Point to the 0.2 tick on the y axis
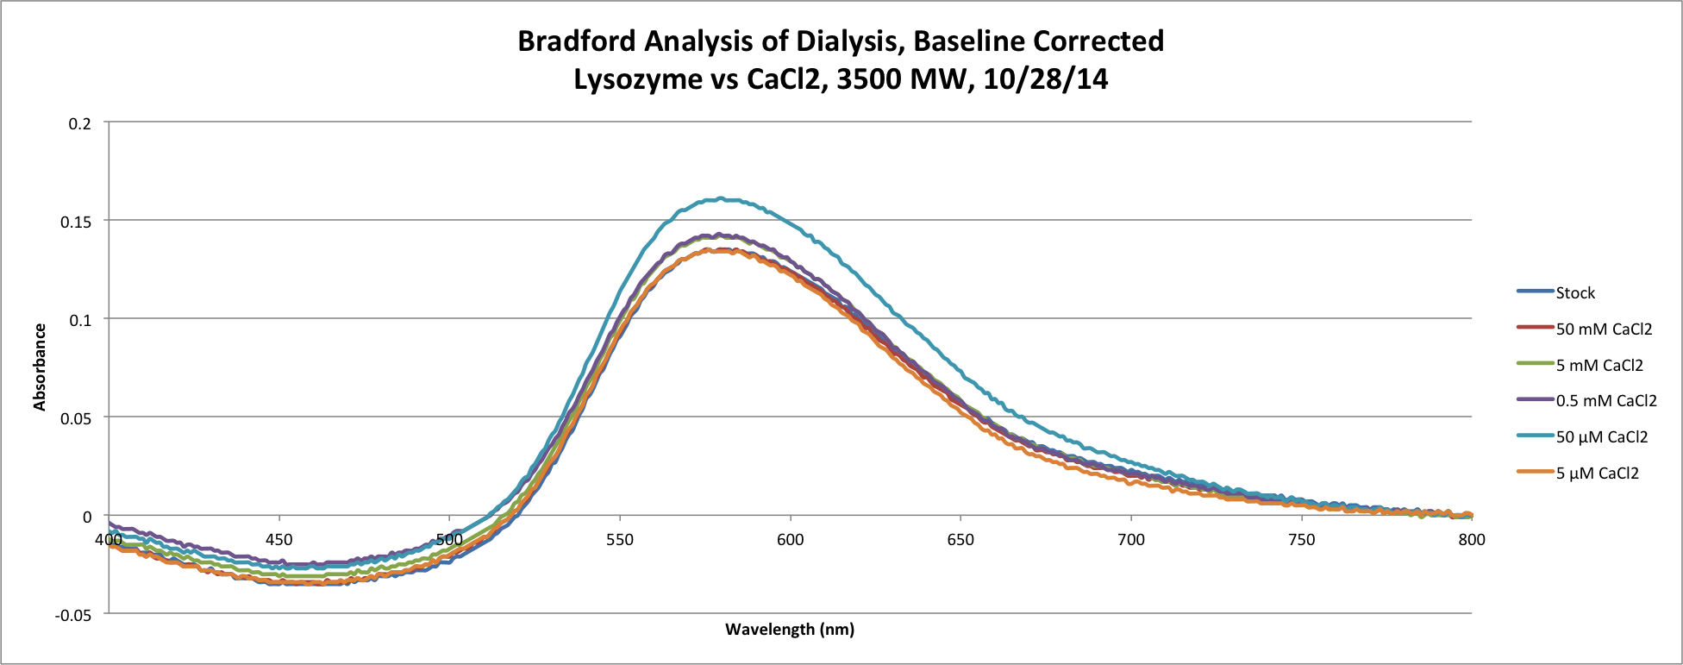(x=80, y=123)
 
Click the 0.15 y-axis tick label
(x=77, y=222)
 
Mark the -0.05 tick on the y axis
(x=74, y=615)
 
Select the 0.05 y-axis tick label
(x=77, y=418)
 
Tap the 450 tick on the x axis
(x=278, y=540)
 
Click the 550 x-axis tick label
(x=620, y=540)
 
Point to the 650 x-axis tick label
(x=960, y=540)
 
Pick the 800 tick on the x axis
(x=1472, y=540)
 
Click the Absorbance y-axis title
(x=40, y=367)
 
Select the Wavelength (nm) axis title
(x=790, y=630)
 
